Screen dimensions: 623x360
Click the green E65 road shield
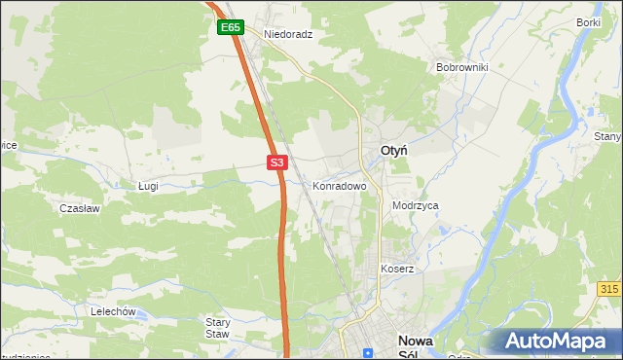tap(230, 28)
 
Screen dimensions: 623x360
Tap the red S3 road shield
tap(277, 163)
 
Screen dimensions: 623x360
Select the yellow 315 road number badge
tap(609, 290)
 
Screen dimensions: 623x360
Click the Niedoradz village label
tap(288, 33)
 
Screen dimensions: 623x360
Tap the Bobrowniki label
tap(461, 68)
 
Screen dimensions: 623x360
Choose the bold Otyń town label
tap(392, 151)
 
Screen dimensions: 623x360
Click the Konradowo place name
tap(339, 185)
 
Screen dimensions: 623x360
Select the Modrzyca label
tap(416, 206)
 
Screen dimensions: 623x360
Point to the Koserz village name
tap(397, 269)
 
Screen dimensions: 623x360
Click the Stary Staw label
tap(217, 328)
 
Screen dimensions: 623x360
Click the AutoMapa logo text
tap(567, 342)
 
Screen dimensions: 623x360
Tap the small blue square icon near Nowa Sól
tap(367, 352)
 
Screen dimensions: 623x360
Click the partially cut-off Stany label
tap(608, 137)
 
